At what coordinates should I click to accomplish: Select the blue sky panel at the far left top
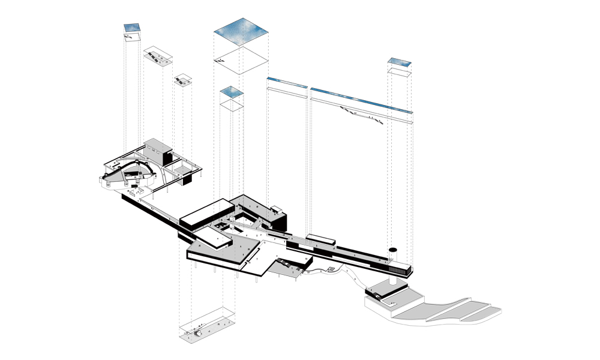[x=132, y=27]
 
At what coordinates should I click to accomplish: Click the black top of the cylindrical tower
[x=394, y=248]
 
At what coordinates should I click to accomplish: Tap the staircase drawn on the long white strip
[x=347, y=110]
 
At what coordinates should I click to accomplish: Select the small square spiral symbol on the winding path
[x=331, y=269]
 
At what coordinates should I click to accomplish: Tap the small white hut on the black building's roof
[x=277, y=209]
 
